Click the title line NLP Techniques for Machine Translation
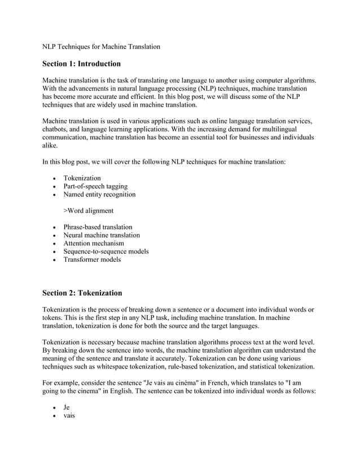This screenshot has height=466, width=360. pos(102,46)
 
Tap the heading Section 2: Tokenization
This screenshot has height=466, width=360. pos(82,293)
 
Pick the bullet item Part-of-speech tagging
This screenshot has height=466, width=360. pos(95,186)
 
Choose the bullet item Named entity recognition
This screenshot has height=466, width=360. pos(99,195)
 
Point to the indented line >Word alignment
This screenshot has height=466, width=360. pos(88,210)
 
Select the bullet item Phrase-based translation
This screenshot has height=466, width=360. pos(98,227)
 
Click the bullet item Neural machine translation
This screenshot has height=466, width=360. pos(102,235)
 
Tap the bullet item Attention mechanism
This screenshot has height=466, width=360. pos(94,243)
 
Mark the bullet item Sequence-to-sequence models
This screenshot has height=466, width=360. pos(106,252)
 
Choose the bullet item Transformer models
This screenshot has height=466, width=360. pos(92,260)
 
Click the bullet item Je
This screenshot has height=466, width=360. pos(67,407)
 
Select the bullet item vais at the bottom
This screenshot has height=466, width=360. pos(69,415)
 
